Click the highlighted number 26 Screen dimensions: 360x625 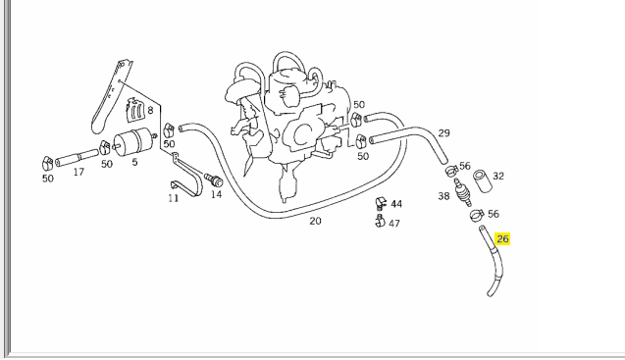pos(502,238)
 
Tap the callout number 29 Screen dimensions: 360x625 pos(443,133)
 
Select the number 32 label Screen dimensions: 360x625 pos(498,177)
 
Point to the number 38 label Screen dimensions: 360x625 pos(443,196)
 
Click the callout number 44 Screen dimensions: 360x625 pos(396,204)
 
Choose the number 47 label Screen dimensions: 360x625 pos(394,224)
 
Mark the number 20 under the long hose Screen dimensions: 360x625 pos(315,221)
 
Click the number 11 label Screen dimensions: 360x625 pos(173,197)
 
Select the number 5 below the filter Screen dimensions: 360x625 pos(134,163)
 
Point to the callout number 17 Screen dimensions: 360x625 pos(78,172)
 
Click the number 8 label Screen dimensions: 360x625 pos(150,111)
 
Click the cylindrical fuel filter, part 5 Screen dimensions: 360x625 pos(133,141)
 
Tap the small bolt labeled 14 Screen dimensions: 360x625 pos(215,180)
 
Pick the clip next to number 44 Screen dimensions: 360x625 pos(379,205)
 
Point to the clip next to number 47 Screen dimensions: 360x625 pos(378,222)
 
